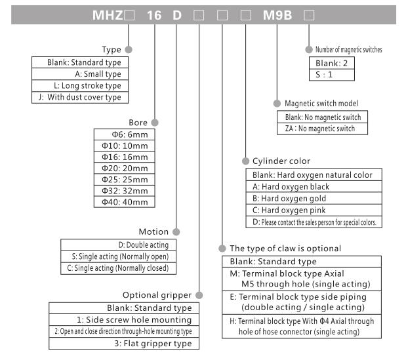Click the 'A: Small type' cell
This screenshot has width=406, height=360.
(x=81, y=74)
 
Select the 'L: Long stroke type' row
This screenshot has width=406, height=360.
(x=81, y=86)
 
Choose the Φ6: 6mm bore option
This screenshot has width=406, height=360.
(x=125, y=134)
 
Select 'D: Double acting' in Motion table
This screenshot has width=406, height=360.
(x=118, y=245)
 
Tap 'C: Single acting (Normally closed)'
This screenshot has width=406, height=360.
(x=118, y=268)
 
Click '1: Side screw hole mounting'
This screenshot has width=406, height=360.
(x=123, y=319)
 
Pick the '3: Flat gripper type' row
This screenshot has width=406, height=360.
(x=123, y=344)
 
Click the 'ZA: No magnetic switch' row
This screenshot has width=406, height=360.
(x=321, y=129)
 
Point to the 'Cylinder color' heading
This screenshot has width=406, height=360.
(x=281, y=161)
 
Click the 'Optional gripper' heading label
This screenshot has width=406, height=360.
(x=157, y=294)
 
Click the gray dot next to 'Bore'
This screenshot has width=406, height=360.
(x=155, y=122)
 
